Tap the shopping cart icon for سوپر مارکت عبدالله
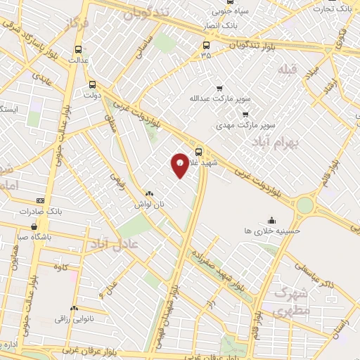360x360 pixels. coord(219,89)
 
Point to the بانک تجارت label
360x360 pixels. coord(333,9)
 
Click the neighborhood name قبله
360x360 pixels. coord(287,70)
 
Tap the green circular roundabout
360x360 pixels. coord(304,205)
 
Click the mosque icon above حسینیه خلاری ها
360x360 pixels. coord(272,219)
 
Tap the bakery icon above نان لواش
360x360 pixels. coord(149,194)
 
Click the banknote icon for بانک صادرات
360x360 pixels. coord(39,200)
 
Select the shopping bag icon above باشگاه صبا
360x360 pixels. coord(34,226)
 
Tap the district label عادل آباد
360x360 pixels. coord(115,243)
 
